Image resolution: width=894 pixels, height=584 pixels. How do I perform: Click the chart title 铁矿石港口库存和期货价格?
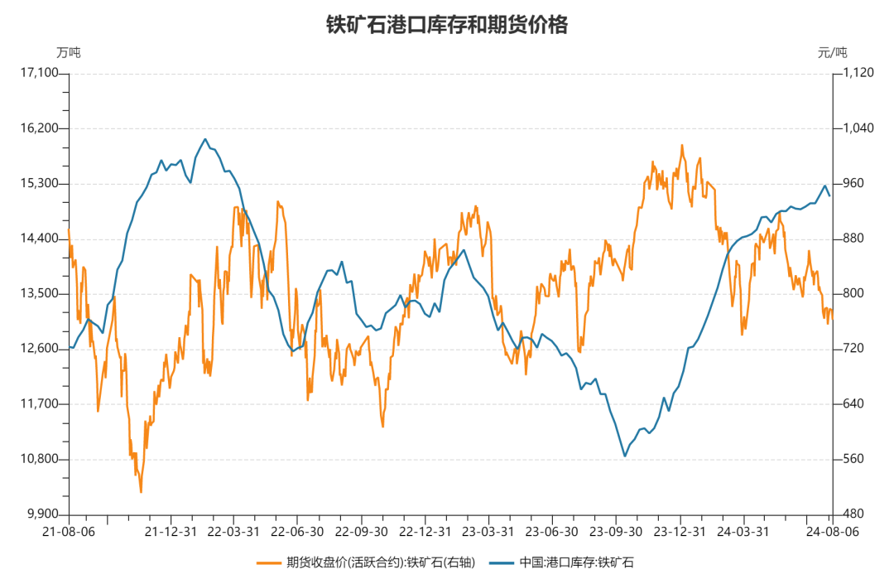coord(447,25)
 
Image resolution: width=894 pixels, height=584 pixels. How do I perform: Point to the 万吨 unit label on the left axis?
coord(69,52)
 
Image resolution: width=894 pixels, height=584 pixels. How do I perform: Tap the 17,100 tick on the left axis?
coord(42,73)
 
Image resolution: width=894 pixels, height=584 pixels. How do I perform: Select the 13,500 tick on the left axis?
coord(42,294)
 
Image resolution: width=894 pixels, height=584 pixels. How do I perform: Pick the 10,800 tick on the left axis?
coord(42,459)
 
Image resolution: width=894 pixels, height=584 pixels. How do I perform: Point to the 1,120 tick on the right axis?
coord(858,73)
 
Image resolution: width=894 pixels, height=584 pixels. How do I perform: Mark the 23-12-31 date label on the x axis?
coord(679,531)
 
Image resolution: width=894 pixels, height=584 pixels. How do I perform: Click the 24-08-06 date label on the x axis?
coord(831,531)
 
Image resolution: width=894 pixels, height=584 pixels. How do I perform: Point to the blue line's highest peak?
coord(205,139)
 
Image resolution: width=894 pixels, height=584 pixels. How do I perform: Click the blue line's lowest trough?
coord(625,456)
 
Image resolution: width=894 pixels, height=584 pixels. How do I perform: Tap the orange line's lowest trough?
coord(141,492)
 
